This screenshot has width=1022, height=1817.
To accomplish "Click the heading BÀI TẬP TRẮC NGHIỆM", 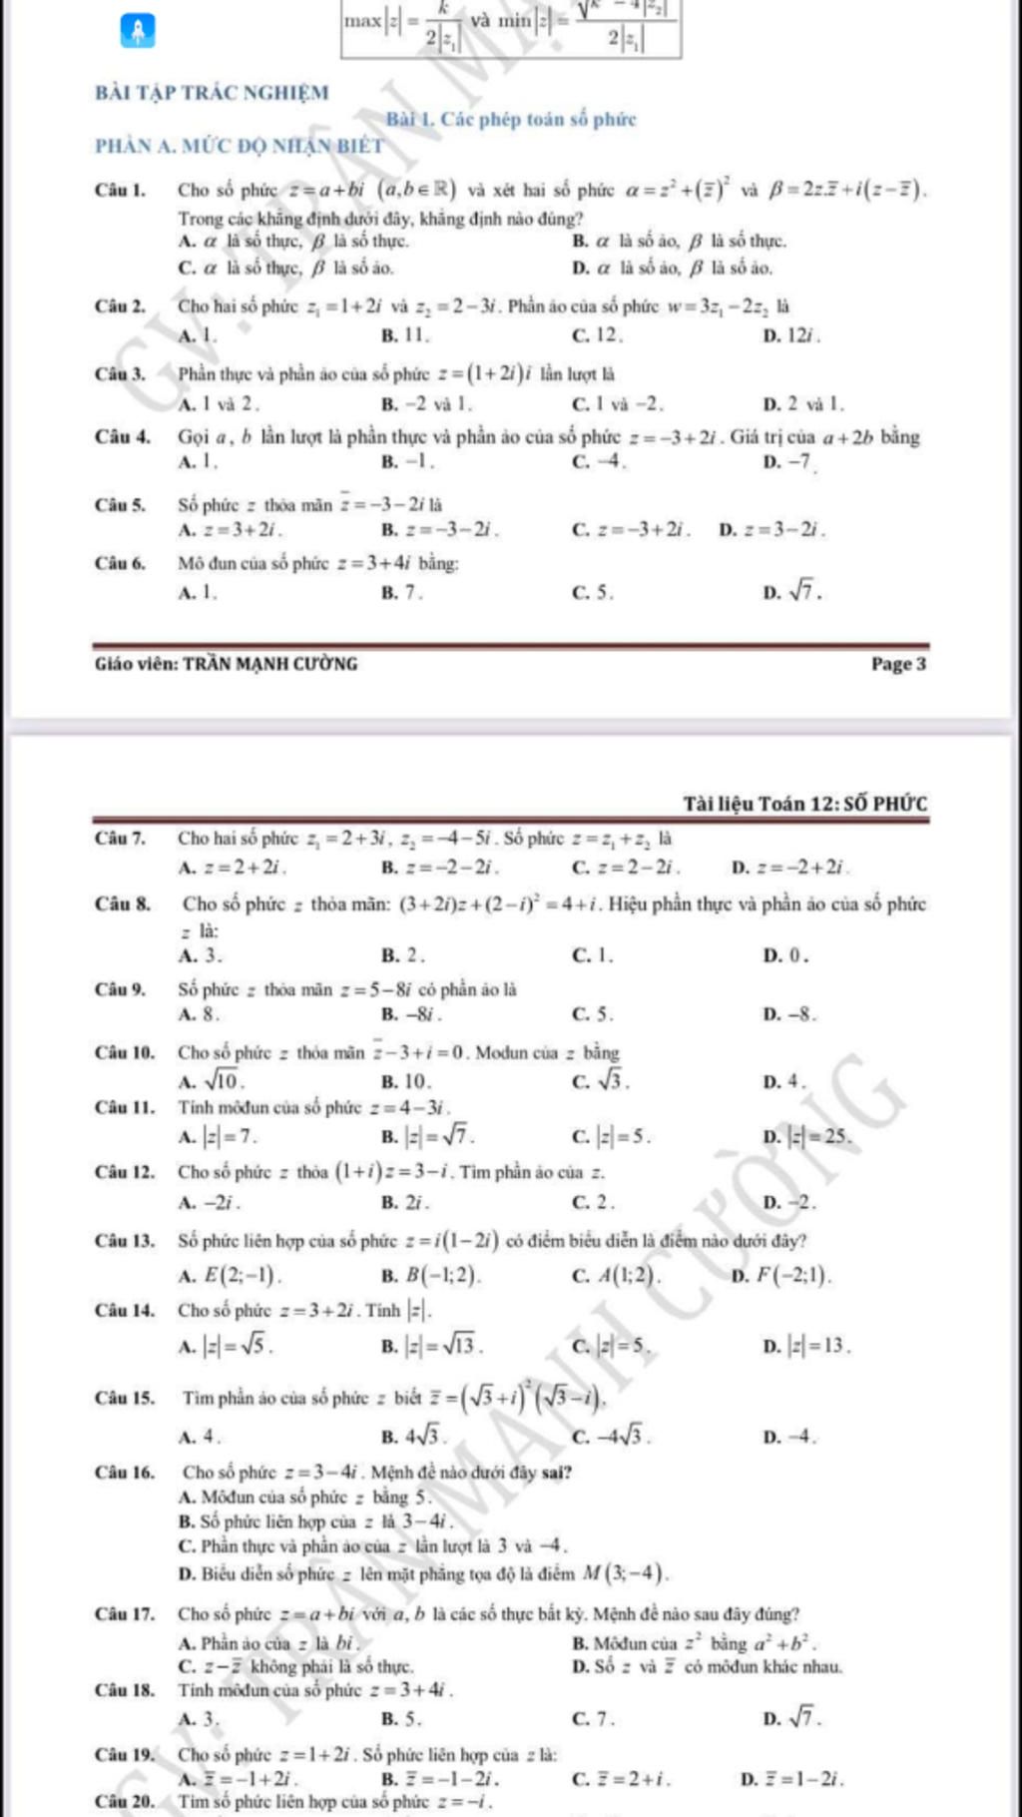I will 212,93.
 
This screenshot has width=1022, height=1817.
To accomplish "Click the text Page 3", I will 898,664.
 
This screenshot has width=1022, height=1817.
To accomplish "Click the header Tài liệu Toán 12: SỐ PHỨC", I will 804,803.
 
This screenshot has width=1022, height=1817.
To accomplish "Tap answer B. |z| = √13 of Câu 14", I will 432,1346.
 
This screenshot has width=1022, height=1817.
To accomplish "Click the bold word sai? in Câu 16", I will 554,1472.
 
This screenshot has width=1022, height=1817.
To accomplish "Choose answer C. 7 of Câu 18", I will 593,1719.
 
